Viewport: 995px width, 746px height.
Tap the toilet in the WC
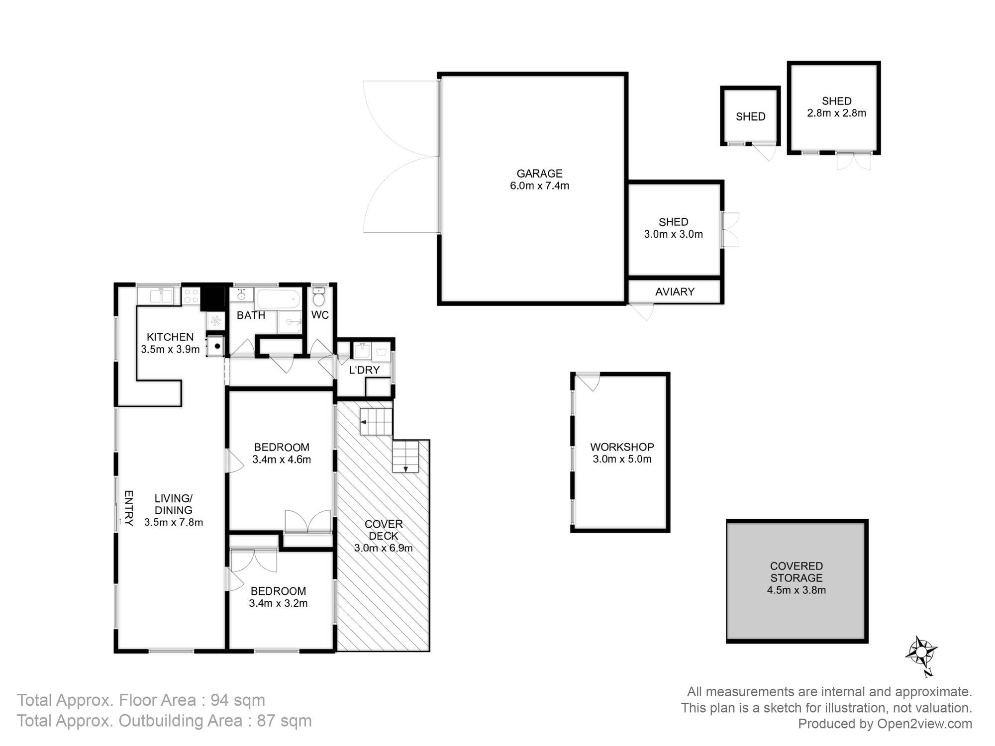319,296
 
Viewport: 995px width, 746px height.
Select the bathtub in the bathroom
278,299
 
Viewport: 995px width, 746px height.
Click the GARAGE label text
539,174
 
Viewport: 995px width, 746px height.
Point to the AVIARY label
675,292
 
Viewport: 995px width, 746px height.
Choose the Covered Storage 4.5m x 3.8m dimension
796,590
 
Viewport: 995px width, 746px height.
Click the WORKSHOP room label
622,447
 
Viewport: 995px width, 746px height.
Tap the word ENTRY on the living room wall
128,508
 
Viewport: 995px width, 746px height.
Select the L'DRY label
364,370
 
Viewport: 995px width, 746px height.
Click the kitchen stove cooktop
192,296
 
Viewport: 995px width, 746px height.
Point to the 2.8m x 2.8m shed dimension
836,113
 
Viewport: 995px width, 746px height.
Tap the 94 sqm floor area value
238,700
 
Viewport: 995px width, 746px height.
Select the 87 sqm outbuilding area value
284,721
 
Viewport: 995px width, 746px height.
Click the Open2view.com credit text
924,724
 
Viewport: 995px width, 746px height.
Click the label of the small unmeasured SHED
750,117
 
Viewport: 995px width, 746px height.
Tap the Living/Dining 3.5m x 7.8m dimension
174,522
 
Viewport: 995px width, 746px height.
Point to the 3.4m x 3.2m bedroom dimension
278,603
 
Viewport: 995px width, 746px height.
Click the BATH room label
251,315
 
